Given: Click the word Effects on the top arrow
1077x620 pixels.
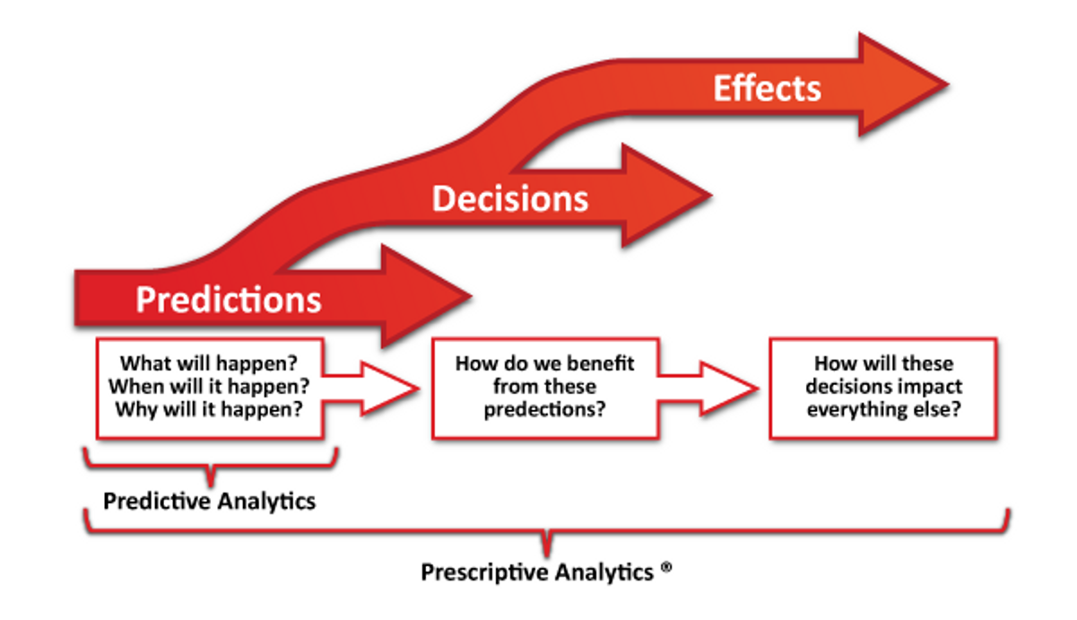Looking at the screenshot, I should pos(767,89).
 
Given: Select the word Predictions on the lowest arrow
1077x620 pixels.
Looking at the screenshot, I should pos(228,299).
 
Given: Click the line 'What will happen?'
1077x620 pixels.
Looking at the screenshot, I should pos(209,364).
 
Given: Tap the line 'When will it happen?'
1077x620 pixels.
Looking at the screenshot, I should pos(209,388).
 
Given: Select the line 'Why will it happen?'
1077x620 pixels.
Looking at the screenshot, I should pos(209,411).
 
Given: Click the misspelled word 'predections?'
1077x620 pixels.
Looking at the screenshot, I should pos(544,411).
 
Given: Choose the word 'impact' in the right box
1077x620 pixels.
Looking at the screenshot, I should pos(928,388).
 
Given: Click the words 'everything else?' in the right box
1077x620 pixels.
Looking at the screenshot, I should pos(883,411).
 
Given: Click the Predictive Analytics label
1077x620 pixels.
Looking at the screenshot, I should pos(209,501).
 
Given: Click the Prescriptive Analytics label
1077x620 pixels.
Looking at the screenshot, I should pos(537,572).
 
